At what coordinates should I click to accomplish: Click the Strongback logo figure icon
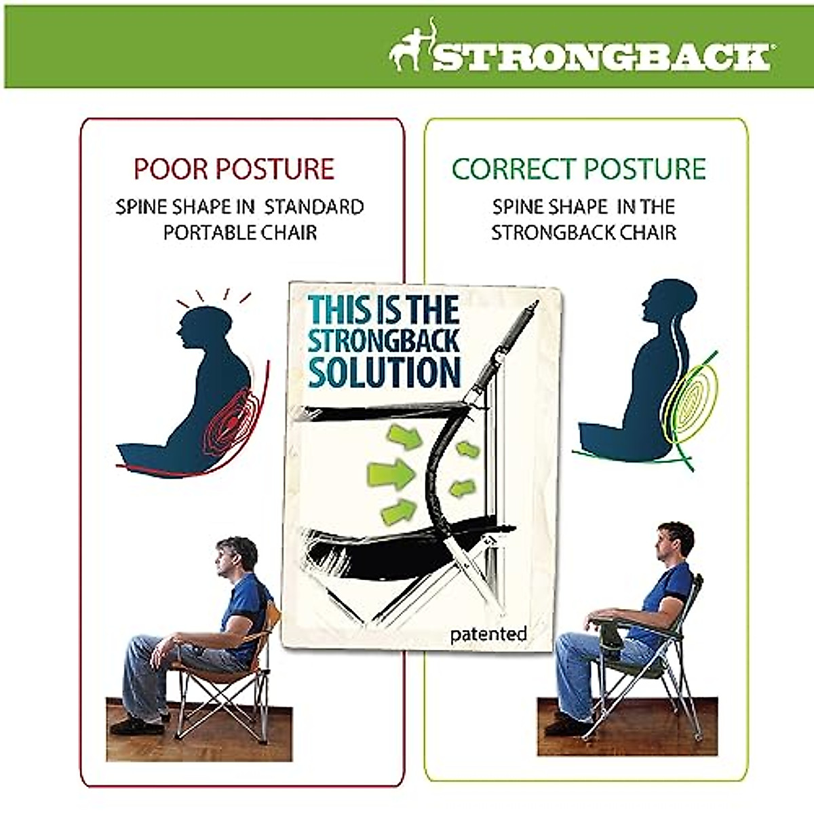[x=411, y=50]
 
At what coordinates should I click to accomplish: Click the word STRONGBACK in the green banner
[x=601, y=57]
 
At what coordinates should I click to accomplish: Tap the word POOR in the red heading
[x=162, y=169]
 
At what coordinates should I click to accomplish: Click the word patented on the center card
[x=488, y=634]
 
